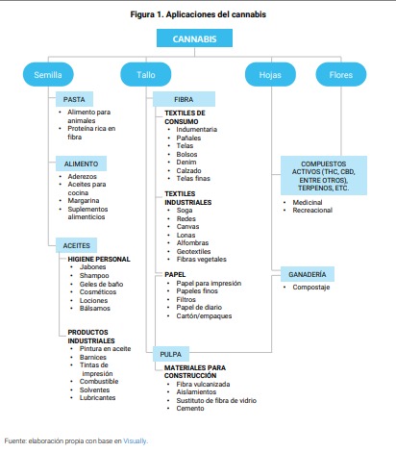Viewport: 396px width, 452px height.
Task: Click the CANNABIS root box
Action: click(x=194, y=38)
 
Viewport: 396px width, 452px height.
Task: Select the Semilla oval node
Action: click(x=48, y=74)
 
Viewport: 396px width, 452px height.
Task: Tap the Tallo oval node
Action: click(x=146, y=74)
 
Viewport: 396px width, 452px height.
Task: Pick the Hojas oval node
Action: click(x=270, y=74)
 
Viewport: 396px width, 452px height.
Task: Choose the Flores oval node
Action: click(x=341, y=74)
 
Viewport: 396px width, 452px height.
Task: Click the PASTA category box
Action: click(x=74, y=99)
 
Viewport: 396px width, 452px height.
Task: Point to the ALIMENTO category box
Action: click(x=81, y=163)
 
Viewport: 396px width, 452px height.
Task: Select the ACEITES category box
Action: click(x=76, y=245)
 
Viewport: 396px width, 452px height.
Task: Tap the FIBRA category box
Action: click(x=184, y=99)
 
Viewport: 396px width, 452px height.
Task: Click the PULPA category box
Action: click(x=171, y=354)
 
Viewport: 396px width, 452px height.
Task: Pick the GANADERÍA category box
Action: click(x=308, y=274)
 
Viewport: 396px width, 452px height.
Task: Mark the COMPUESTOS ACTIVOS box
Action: click(x=324, y=176)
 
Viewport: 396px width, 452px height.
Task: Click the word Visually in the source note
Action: click(x=135, y=441)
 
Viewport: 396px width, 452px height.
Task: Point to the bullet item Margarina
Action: click(x=84, y=201)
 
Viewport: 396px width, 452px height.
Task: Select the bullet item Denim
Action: click(x=186, y=163)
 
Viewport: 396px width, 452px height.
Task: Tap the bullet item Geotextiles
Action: click(x=193, y=251)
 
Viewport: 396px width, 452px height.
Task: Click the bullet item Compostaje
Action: click(x=311, y=288)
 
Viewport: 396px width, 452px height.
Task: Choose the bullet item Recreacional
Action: click(x=312, y=211)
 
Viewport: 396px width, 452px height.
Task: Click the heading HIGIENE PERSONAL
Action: click(x=99, y=259)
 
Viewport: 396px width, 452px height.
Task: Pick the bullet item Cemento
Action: click(x=190, y=409)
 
